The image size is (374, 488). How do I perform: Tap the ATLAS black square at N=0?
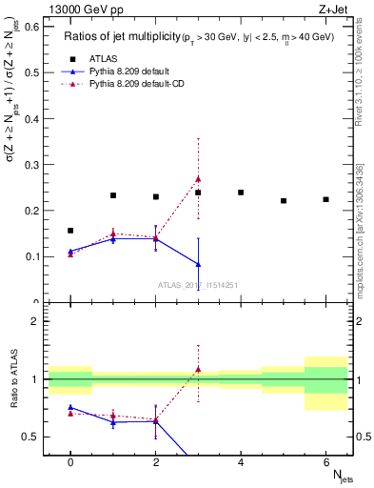(70, 231)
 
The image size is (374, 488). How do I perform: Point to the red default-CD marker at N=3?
(198, 178)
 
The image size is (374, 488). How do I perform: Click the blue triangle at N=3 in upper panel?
(198, 264)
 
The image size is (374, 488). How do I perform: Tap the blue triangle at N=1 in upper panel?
(113, 239)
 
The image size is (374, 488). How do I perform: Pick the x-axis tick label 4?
(241, 462)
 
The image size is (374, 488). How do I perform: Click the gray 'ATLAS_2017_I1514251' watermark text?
(197, 285)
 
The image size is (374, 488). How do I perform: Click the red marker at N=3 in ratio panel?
(198, 369)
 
